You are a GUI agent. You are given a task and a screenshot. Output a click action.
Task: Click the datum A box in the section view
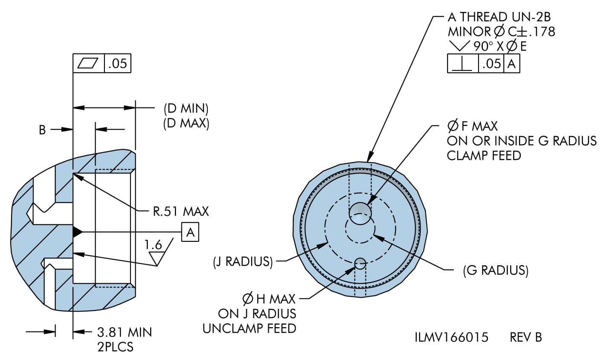(x=190, y=232)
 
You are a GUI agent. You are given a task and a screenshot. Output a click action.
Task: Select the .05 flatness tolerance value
(x=117, y=63)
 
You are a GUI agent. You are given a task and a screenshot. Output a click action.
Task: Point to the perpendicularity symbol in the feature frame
(x=462, y=64)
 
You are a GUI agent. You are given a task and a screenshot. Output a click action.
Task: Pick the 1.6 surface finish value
(x=153, y=245)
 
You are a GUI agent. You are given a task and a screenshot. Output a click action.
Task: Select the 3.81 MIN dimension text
(x=125, y=332)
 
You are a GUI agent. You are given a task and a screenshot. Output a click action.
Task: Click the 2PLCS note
(x=115, y=347)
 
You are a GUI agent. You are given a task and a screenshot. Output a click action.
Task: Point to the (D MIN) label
(x=186, y=108)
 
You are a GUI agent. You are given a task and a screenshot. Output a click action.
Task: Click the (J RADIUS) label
(x=243, y=261)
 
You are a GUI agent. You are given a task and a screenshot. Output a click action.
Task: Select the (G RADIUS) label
(x=496, y=270)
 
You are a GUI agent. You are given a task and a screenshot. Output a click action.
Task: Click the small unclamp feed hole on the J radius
(x=360, y=264)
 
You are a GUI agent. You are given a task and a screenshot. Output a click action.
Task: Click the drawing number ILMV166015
(x=451, y=337)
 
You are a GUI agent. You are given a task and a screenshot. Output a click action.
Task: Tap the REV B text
(x=526, y=337)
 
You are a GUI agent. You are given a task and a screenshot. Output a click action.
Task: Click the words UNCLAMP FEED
(x=249, y=328)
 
